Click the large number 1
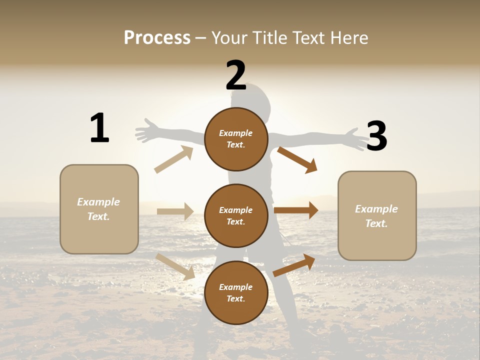99,128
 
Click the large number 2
236,75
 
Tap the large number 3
376,136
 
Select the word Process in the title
157,37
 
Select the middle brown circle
236,216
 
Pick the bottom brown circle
236,293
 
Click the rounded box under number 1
99,209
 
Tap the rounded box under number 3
377,216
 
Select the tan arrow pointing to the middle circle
175,211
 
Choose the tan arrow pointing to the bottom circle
175,266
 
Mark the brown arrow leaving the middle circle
296,210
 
